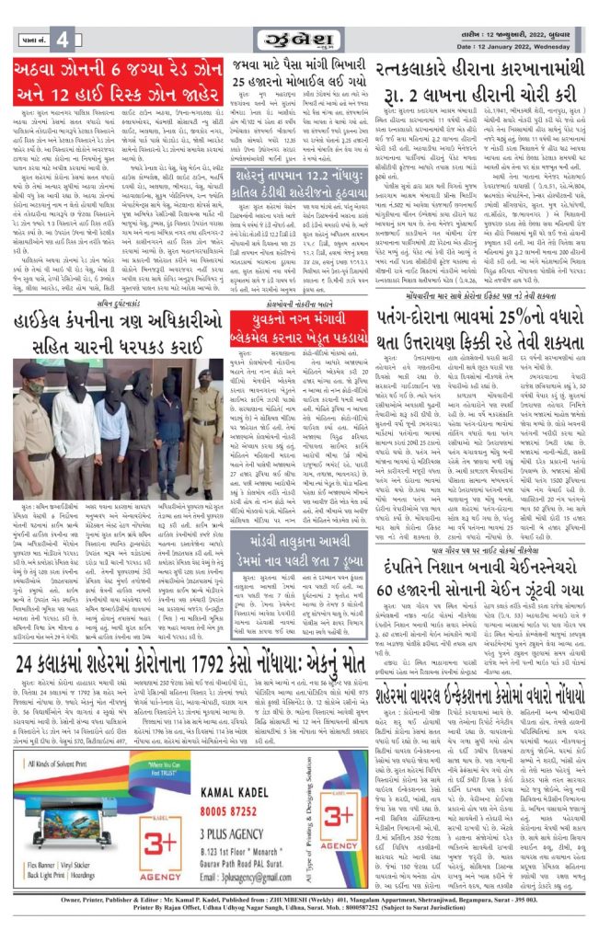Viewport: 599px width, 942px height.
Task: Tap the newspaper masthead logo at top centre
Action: tap(299, 40)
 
